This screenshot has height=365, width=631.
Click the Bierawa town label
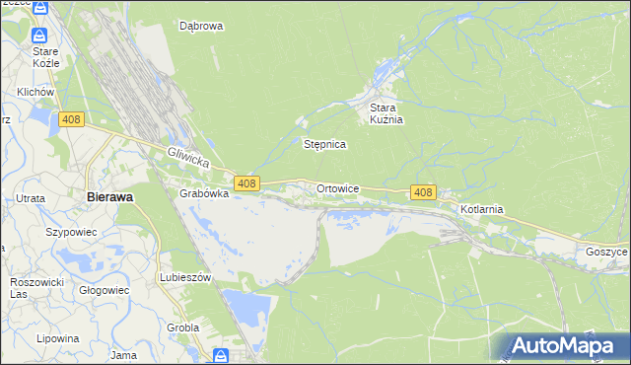point(109,196)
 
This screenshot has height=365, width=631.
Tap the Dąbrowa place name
point(201,27)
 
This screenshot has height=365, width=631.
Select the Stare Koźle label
point(45,56)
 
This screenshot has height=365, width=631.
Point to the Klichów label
point(34,92)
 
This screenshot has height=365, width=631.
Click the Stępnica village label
point(323,144)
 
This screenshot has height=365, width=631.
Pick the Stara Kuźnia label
point(387,113)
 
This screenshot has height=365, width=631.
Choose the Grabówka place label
point(204,193)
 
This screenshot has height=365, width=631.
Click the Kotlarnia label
point(482,209)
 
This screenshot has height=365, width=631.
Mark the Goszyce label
point(605,252)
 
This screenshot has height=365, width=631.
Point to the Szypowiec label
point(69,232)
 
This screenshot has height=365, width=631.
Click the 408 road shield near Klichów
point(70,119)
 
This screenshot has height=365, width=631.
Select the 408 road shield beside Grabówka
point(246,182)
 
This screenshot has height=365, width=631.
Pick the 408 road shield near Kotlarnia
point(423,192)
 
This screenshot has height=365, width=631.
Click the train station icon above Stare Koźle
point(39,8)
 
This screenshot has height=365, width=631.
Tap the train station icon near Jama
point(222,354)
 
